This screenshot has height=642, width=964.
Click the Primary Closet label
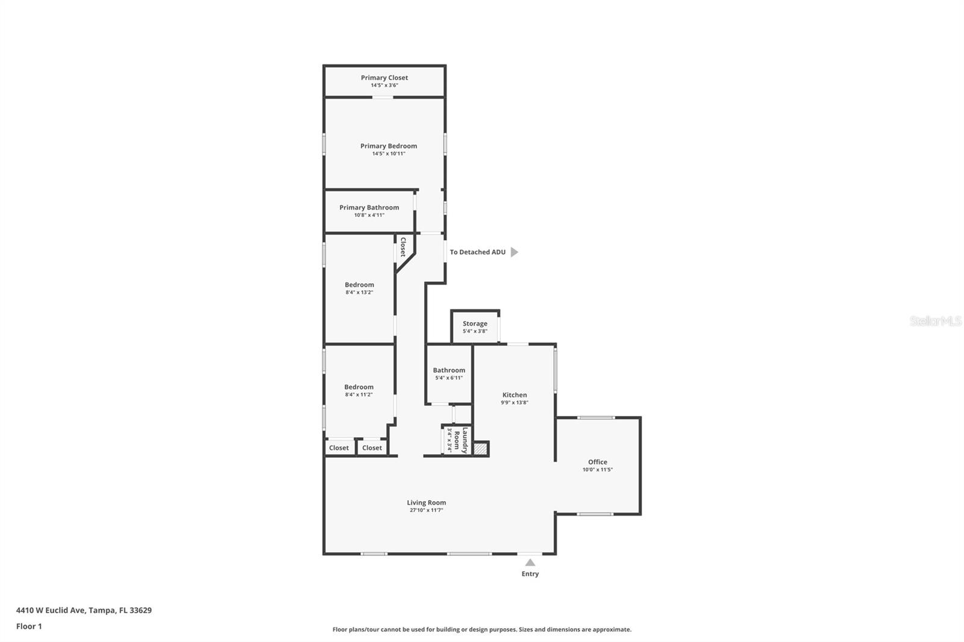click(384, 78)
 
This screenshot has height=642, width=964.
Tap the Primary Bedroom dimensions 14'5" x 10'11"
click(389, 154)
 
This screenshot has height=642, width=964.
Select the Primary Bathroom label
click(369, 208)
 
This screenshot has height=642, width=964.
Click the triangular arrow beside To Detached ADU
click(514, 252)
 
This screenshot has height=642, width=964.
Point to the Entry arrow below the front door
click(530, 563)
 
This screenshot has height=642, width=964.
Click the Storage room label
click(475, 324)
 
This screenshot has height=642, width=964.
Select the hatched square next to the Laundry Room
click(480, 449)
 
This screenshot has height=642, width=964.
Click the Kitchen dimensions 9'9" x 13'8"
click(515, 403)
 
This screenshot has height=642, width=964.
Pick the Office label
click(598, 463)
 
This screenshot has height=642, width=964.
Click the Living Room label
click(426, 503)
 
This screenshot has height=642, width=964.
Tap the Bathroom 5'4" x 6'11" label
click(449, 371)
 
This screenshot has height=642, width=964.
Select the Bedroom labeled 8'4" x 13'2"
click(359, 285)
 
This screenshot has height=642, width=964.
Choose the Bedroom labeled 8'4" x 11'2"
click(358, 388)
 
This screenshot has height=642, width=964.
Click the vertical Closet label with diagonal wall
click(403, 247)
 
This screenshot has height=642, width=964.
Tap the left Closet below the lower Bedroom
click(339, 448)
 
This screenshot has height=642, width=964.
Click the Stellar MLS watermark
click(935, 321)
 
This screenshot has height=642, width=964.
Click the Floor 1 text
click(29, 626)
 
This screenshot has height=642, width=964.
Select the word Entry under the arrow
click(530, 574)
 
